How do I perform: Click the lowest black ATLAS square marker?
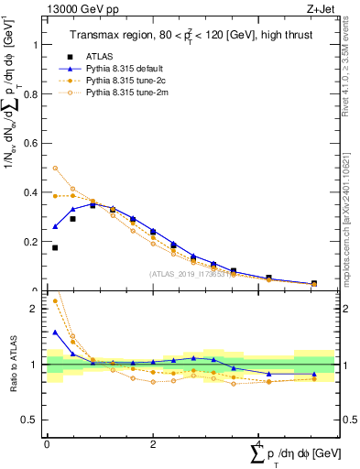pyautogui.click(x=55, y=247)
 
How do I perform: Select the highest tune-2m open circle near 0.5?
pyautogui.click(x=55, y=169)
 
